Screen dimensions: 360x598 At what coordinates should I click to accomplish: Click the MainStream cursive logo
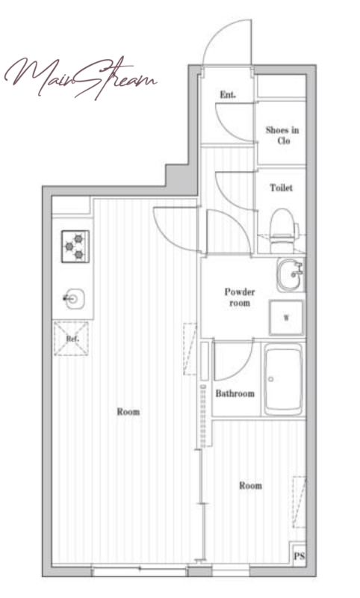[80, 78]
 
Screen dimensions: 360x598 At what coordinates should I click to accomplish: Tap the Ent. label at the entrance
[228, 94]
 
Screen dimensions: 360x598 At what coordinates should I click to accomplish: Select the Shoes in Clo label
[282, 135]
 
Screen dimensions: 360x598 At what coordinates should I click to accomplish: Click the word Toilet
[281, 188]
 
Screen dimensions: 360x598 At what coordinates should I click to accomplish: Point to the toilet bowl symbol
[283, 231]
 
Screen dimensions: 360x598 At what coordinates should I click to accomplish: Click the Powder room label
[240, 298]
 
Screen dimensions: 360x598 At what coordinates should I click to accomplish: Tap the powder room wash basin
[291, 275]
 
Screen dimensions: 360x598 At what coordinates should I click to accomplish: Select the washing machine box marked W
[287, 318]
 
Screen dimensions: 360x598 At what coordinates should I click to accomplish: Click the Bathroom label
[235, 393]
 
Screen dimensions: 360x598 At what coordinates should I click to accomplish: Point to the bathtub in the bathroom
[283, 380]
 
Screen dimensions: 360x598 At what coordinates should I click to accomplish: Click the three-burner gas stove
[75, 247]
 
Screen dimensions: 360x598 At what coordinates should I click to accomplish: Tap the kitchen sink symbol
[74, 298]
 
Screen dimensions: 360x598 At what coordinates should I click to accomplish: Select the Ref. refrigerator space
[71, 339]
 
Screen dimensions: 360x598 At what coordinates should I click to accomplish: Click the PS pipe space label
[300, 556]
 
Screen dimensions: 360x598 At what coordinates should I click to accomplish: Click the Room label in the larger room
[128, 412]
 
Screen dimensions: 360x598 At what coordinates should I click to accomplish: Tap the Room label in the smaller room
[251, 485]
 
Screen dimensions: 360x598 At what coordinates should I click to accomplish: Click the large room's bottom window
[140, 569]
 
